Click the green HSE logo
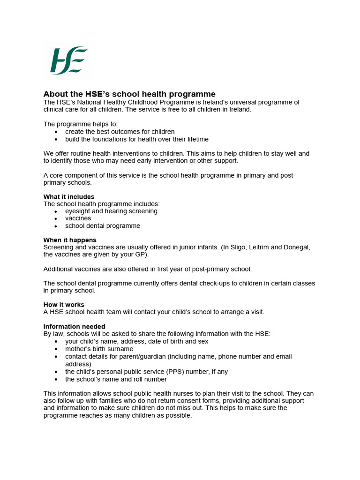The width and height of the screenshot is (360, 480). tap(68, 60)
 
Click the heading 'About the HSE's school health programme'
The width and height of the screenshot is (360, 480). tap(129, 94)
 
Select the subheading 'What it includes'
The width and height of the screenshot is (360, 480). tap(69, 197)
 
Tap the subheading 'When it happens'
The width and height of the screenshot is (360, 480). tap(70, 240)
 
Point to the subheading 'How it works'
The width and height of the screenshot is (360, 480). tap(64, 305)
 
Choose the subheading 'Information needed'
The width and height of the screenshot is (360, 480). tap(74, 326)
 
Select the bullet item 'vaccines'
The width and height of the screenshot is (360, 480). tap(78, 218)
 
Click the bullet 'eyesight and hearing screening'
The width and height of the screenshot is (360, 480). tap(111, 211)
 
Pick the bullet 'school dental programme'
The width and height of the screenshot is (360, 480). tap(103, 226)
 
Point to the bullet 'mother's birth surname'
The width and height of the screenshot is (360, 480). tap(99, 349)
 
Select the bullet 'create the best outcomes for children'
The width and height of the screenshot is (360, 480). tap(120, 132)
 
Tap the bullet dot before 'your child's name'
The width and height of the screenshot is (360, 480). tap(56, 342)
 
